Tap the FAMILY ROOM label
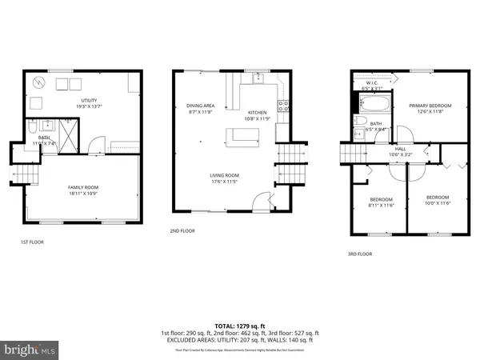tap(83, 187)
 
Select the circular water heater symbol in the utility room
tap(38, 82)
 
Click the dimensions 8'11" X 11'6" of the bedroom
tap(380, 204)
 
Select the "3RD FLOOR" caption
tap(360, 254)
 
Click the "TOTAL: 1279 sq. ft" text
tap(240, 326)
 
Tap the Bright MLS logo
tap(30, 350)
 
